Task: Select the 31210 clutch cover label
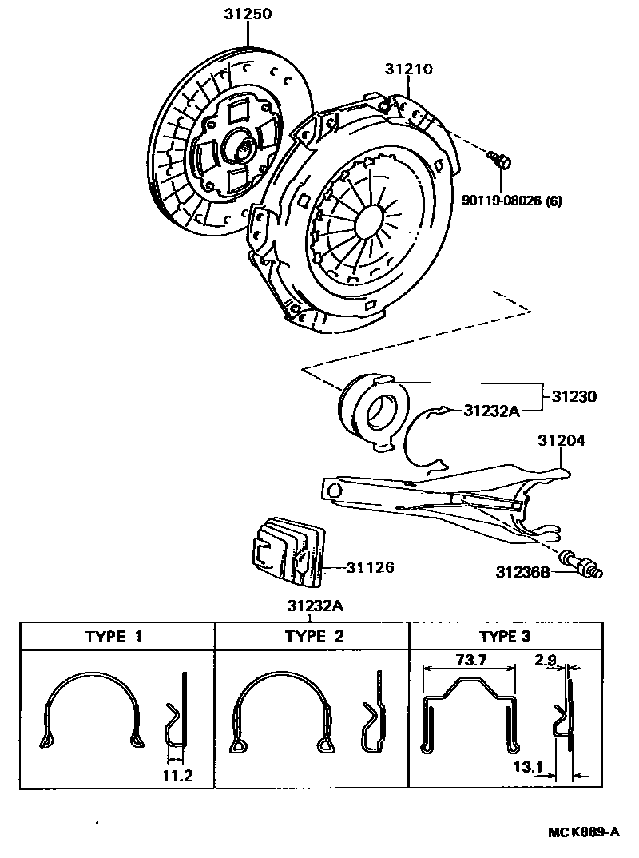point(409,70)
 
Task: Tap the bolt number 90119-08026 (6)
point(512,200)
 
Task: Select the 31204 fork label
point(561,441)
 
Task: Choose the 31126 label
point(370,568)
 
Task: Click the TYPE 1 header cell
point(117,637)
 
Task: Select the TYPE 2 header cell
point(313,637)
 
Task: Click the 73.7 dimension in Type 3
point(470,661)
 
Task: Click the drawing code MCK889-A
point(583,832)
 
